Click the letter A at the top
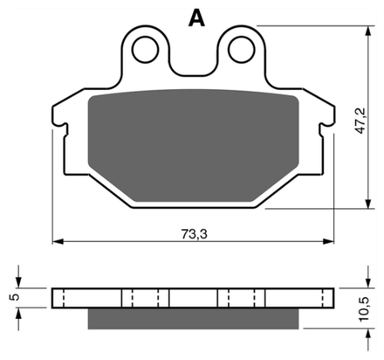(196, 17)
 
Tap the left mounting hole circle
(145, 50)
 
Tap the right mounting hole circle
(242, 50)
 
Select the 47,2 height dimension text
(360, 121)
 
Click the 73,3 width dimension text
(195, 234)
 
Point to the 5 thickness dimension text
(15, 297)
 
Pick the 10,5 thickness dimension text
(364, 309)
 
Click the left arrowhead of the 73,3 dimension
(58, 241)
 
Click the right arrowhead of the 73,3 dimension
(328, 241)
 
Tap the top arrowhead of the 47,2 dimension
(368, 31)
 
